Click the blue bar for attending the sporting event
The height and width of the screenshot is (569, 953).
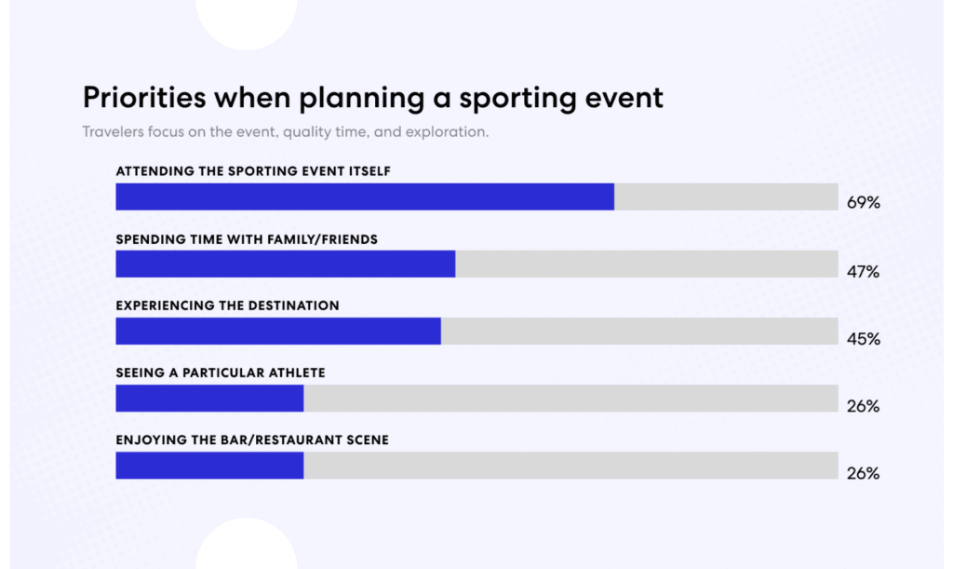point(364,196)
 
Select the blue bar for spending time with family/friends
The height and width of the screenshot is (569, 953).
point(285,264)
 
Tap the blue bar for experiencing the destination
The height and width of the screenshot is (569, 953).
point(277,332)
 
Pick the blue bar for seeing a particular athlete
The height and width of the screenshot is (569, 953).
point(209,399)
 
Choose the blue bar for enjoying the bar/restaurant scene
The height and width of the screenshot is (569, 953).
point(209,466)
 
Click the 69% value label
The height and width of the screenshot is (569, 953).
point(863,203)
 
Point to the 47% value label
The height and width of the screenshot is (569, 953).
point(863,272)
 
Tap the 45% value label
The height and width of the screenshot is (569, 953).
point(863,339)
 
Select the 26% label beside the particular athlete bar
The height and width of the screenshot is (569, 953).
point(863,407)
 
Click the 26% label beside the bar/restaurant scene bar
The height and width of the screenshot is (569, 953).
point(863,474)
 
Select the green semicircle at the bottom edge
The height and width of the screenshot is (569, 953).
point(246,546)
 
